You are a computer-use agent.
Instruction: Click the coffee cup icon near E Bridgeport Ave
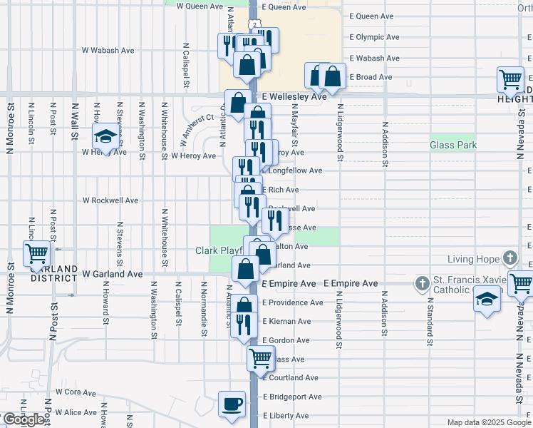(x=232, y=404)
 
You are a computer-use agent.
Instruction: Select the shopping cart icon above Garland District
(x=36, y=253)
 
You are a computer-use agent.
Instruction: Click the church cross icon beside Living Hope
(x=509, y=258)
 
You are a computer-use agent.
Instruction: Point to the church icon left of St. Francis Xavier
(x=421, y=284)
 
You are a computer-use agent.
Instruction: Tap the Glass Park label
(x=453, y=145)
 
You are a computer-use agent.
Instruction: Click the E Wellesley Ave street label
(x=294, y=96)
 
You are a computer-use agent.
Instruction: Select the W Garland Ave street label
(x=112, y=273)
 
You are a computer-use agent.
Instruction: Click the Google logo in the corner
(x=24, y=419)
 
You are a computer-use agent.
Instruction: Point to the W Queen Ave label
(x=200, y=5)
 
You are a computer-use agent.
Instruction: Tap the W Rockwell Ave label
(x=110, y=200)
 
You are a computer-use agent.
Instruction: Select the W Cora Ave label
(x=74, y=392)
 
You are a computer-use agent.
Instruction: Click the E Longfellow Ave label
(x=294, y=170)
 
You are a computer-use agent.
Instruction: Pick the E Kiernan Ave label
(x=286, y=322)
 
